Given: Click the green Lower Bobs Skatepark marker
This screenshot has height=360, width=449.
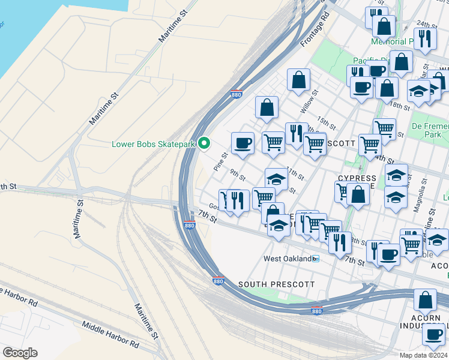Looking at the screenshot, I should click(204, 143).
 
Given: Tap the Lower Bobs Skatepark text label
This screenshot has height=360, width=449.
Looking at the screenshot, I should click(154, 144).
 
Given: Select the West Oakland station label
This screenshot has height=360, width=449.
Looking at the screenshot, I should click(287, 259).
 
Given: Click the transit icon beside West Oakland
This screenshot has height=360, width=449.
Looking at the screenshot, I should click(315, 259).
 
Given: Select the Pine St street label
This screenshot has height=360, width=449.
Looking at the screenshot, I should click(220, 162).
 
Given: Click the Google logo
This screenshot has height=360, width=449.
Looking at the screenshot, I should click(20, 353).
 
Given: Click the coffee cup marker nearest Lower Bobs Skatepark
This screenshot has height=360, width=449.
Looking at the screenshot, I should click(243, 143).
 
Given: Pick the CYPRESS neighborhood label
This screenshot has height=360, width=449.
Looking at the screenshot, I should click(357, 178).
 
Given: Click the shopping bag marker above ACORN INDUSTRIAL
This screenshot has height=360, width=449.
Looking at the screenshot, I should click(425, 300).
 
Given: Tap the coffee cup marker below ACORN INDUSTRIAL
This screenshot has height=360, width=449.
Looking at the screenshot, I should click(433, 335).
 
